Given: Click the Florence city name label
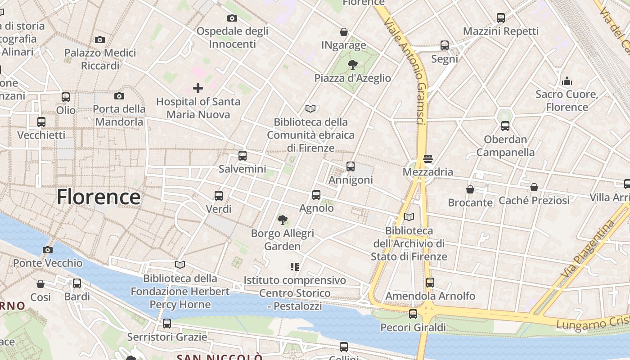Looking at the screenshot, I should tap(99, 197).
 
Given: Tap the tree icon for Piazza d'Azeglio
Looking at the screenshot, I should tap(353, 65).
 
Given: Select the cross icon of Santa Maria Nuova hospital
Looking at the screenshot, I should tap(198, 88).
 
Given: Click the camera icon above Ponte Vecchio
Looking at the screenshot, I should tap(48, 250).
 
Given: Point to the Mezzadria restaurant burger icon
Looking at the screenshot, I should tap(427, 158).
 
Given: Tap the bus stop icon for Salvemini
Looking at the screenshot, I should tap(243, 156).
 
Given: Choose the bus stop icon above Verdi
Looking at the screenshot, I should tap(219, 195).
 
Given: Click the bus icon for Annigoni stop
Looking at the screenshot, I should tap(351, 166).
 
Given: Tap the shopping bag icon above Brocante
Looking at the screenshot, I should tap(470, 189).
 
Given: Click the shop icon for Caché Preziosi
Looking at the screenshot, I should tap(534, 187).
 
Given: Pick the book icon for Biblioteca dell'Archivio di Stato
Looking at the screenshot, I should tap(409, 217).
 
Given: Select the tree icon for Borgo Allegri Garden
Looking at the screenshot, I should tap(283, 220).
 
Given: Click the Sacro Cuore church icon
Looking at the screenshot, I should tap(567, 81).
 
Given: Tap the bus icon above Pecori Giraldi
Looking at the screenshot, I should tap(413, 314).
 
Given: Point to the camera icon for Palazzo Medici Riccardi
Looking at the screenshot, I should tap(100, 40).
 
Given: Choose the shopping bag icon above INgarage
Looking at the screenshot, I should tap(344, 32).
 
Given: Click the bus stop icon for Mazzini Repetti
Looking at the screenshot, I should tap(501, 18).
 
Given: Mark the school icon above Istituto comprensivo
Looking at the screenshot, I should tap(295, 267).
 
